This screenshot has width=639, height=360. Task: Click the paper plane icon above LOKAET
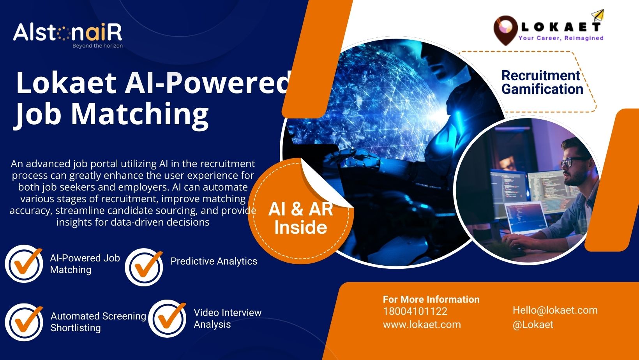[x=598, y=15]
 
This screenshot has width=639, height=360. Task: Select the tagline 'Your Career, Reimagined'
[x=561, y=38]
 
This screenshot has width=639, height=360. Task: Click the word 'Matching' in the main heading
[x=140, y=115]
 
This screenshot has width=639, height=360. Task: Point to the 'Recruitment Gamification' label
[x=542, y=82]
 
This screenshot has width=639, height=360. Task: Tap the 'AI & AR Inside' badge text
[x=301, y=218]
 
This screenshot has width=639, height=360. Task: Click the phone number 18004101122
[x=415, y=311]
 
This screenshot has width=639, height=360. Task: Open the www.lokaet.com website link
[x=422, y=325]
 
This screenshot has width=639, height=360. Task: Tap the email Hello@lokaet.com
[x=555, y=310]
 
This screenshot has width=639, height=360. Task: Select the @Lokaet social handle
[x=533, y=325]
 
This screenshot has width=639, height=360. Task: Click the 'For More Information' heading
[x=431, y=299]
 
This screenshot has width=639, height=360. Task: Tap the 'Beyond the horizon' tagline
[x=97, y=46]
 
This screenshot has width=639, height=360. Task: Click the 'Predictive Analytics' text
[x=214, y=261]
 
